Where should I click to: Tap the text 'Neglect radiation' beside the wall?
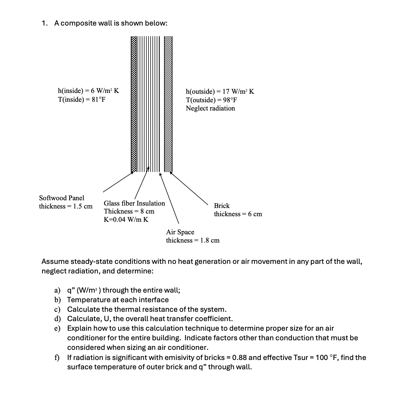click(210, 108)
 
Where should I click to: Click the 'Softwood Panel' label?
click(62, 198)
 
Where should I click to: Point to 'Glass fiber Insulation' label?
click(134, 203)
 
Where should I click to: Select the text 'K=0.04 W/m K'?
click(126, 220)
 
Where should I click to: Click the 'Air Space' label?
click(180, 232)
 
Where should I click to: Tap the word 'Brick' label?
click(222, 206)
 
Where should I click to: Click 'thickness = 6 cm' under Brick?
click(238, 214)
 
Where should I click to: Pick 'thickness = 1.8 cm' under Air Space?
click(193, 240)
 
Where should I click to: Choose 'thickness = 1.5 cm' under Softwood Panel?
click(66, 206)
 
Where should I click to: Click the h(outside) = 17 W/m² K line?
click(220, 92)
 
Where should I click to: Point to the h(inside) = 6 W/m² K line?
click(88, 91)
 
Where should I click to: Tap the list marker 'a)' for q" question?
click(57, 290)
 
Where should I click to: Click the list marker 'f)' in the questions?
click(57, 358)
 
